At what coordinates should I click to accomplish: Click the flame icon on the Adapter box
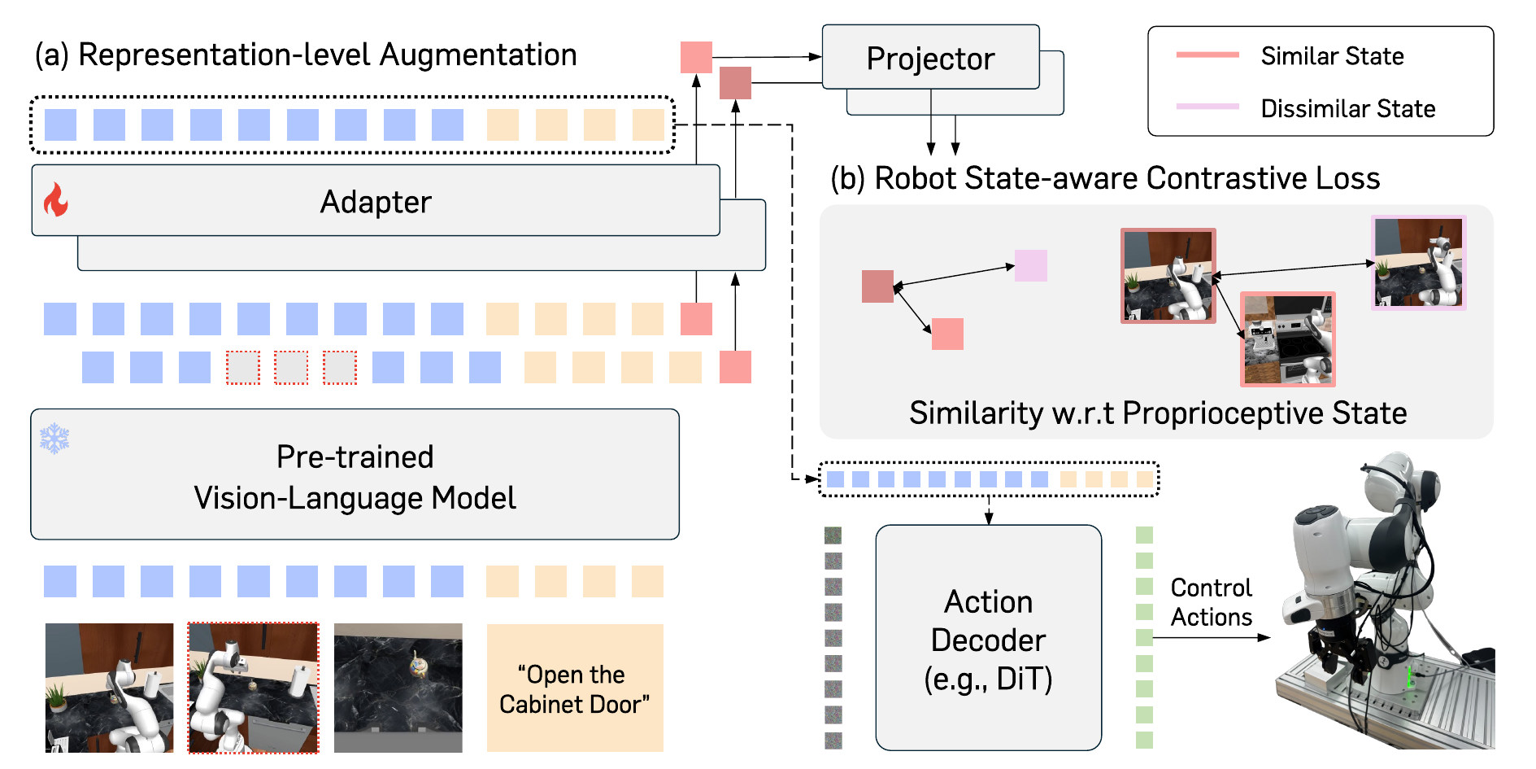55,199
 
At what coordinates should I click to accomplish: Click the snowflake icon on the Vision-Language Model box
54,439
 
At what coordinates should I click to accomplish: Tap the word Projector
930,59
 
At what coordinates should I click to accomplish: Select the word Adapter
376,202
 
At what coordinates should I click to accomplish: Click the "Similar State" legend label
1332,56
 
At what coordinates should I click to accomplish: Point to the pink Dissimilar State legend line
1207,107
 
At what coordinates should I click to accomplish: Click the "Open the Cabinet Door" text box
575,688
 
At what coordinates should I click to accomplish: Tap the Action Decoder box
988,637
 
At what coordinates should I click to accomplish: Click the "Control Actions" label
1211,602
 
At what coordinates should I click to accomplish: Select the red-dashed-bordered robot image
254,688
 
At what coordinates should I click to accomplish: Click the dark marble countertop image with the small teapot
398,688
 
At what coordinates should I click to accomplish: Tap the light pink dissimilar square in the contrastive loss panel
1031,265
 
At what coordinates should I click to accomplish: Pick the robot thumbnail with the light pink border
1418,262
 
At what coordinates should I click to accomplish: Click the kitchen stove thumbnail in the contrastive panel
1288,339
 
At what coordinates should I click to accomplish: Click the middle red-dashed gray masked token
291,368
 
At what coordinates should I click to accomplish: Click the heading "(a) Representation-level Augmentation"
306,55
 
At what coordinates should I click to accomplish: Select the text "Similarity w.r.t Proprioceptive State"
1158,413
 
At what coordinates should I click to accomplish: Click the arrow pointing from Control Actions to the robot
1212,637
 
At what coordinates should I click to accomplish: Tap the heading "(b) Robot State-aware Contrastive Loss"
1105,178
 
